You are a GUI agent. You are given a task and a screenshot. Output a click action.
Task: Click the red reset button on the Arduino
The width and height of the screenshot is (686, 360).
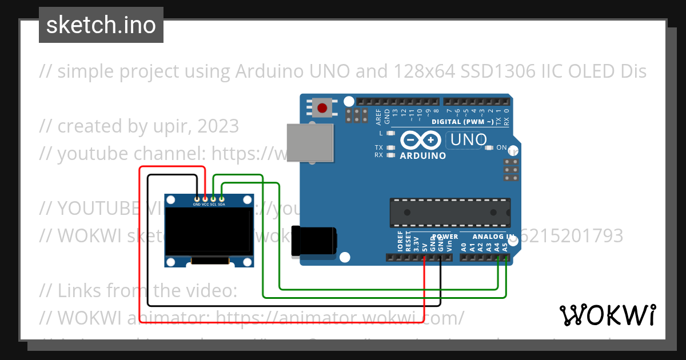click(x=322, y=107)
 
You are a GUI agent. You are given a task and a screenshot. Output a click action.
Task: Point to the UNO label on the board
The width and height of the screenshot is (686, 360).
click(x=469, y=139)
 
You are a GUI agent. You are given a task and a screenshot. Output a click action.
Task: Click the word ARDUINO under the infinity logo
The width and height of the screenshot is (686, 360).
click(x=423, y=155)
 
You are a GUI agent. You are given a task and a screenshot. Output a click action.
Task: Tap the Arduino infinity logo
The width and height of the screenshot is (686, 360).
click(x=421, y=140)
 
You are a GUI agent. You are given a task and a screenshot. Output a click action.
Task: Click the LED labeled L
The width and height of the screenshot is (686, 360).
click(x=391, y=133)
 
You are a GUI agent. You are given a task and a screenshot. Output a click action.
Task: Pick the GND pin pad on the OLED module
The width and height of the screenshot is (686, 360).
click(x=197, y=198)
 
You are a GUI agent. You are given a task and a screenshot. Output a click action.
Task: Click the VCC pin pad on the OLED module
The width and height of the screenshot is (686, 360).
click(x=205, y=198)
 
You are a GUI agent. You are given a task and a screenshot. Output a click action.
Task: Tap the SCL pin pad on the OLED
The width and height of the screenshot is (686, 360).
click(x=213, y=198)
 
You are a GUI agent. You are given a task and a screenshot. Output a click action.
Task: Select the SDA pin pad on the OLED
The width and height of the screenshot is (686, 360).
click(x=221, y=198)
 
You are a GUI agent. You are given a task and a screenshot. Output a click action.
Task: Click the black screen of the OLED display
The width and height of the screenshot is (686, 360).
click(x=209, y=231)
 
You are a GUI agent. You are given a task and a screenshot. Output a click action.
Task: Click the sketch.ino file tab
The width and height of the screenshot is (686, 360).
click(x=101, y=25)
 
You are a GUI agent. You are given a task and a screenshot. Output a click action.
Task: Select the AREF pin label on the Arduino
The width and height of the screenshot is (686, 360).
click(x=378, y=117)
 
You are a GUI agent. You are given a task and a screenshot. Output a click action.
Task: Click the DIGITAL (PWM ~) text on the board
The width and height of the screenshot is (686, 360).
click(x=462, y=122)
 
